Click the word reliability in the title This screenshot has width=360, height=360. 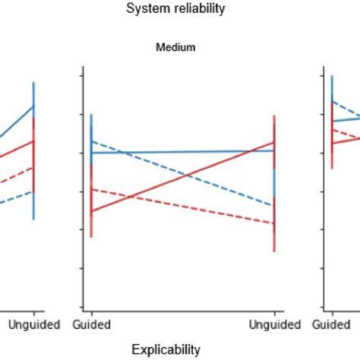[199, 9]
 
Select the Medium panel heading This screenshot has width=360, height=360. [175, 47]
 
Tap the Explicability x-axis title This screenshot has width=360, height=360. [166, 349]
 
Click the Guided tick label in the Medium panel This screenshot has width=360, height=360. [93, 325]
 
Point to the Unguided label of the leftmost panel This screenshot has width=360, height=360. [34, 325]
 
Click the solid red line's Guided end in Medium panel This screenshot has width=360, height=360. [91, 212]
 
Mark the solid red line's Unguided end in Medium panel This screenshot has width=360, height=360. [273, 142]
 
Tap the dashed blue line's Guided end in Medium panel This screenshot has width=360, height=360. [91, 141]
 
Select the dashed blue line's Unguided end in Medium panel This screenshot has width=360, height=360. [273, 206]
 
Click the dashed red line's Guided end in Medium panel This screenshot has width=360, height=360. [91, 188]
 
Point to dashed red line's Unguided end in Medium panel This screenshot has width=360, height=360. [273, 223]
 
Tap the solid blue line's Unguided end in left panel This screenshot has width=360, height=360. [33, 106]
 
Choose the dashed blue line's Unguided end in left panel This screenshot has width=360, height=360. [33, 191]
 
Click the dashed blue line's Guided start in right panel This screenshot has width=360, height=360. [332, 101]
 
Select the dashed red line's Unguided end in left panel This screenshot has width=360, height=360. [33, 167]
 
